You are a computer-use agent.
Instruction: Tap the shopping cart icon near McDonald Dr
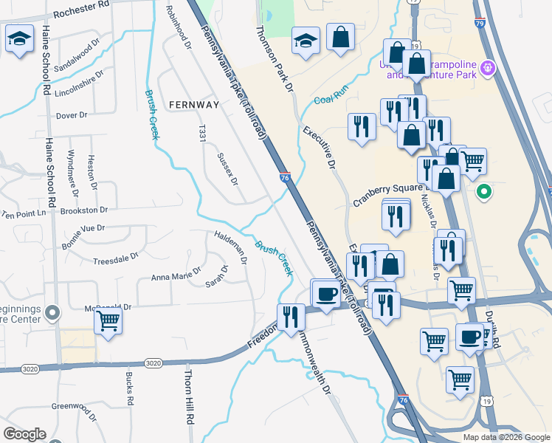[108, 321]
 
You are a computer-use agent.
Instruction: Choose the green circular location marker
[484, 193]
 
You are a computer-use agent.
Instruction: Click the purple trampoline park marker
[488, 69]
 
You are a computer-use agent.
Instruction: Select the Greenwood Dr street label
[74, 406]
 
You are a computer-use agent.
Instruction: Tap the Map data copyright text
[506, 437]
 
